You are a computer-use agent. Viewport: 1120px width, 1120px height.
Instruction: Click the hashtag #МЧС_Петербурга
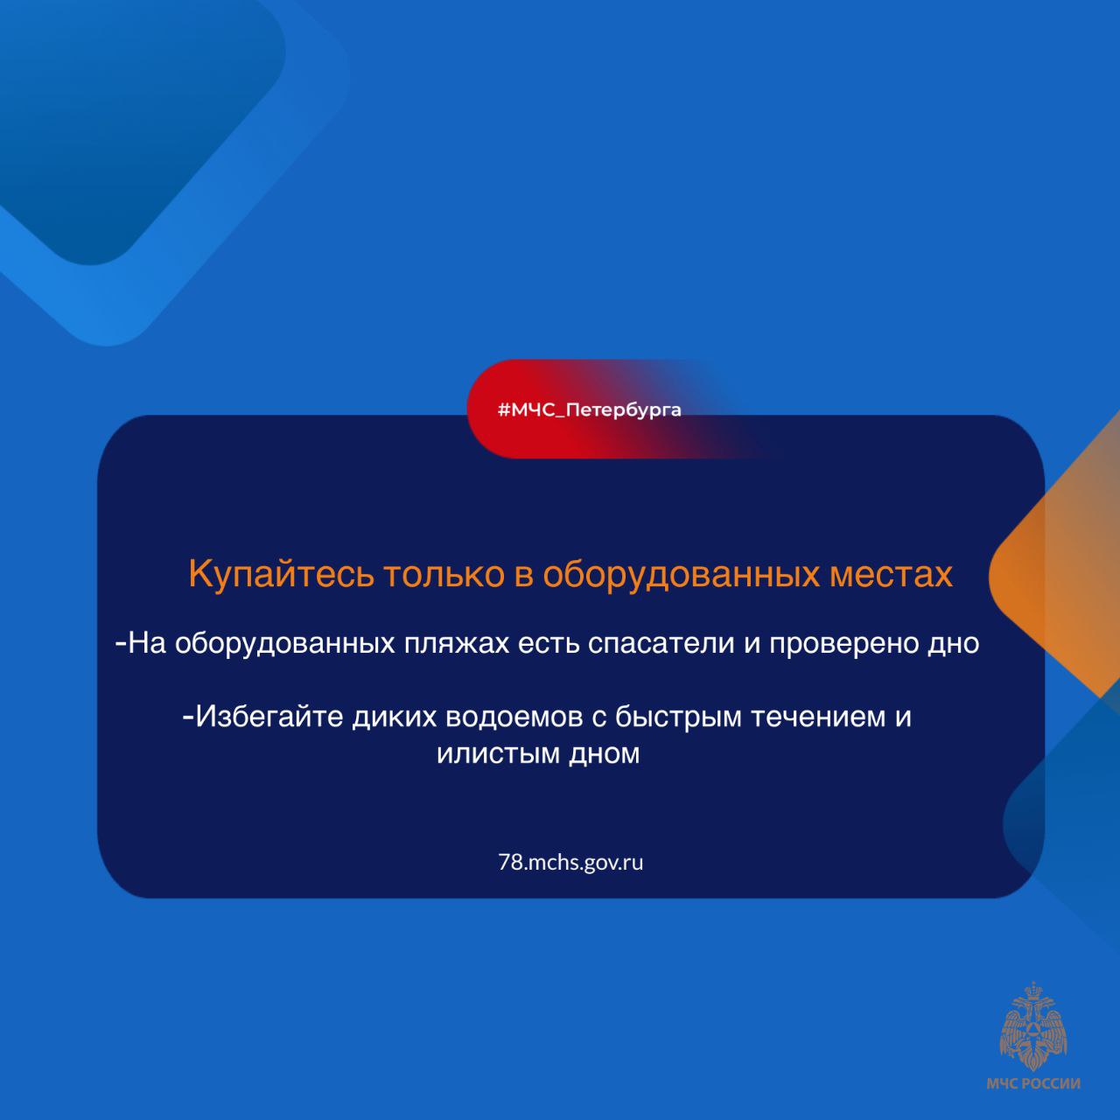pos(590,409)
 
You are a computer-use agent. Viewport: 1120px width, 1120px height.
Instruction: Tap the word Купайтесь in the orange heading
pos(281,575)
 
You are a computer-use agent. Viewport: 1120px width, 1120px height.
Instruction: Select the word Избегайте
pos(269,717)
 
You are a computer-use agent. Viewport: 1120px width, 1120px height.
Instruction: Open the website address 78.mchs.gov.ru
pos(570,863)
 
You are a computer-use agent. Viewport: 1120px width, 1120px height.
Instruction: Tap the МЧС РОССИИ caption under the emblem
pos(1033,1083)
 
